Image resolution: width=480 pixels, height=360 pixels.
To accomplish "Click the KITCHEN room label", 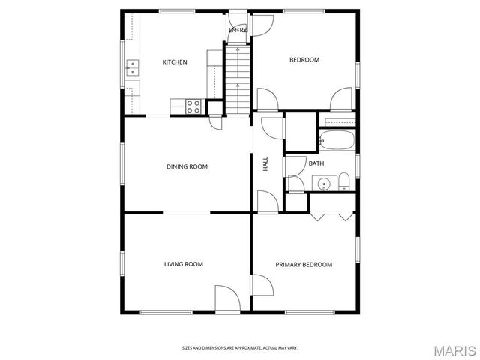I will pyautogui.click(x=175, y=62).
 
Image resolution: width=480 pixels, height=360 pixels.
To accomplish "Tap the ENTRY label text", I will pyautogui.click(x=237, y=30).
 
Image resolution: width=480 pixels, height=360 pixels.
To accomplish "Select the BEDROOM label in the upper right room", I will pyautogui.click(x=304, y=60).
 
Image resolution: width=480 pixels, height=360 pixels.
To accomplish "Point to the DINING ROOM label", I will pyautogui.click(x=187, y=166).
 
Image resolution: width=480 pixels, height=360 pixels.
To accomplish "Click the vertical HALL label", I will pyautogui.click(x=265, y=164).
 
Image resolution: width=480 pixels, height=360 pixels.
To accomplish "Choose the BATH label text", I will pyautogui.click(x=316, y=163).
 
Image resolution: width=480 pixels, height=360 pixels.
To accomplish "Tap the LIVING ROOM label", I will pyautogui.click(x=184, y=264).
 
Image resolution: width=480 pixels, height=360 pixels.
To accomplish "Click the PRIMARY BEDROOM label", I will pyautogui.click(x=304, y=264).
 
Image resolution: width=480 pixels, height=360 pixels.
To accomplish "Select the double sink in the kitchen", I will pyautogui.click(x=132, y=69).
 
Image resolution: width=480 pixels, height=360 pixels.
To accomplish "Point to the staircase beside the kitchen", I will pyautogui.click(x=237, y=79).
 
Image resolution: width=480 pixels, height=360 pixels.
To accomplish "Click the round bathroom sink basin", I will pyautogui.click(x=325, y=182).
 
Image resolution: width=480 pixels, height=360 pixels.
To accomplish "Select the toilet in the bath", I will pyautogui.click(x=344, y=181).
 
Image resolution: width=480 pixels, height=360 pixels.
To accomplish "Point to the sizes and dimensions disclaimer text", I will pyautogui.click(x=239, y=347).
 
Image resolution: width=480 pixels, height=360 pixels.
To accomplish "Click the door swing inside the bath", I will pyautogui.click(x=295, y=184).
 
